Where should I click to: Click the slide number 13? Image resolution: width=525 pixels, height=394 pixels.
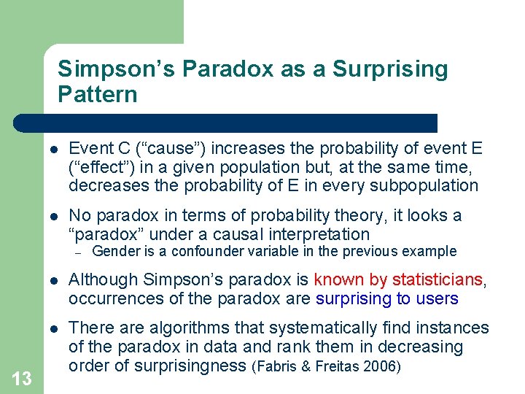coord(22,378)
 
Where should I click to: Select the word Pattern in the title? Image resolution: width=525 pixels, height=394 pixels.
coord(97,94)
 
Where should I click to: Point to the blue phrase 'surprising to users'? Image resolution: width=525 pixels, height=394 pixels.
coord(386,298)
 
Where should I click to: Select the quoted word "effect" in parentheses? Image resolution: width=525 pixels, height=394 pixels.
coord(96,168)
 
